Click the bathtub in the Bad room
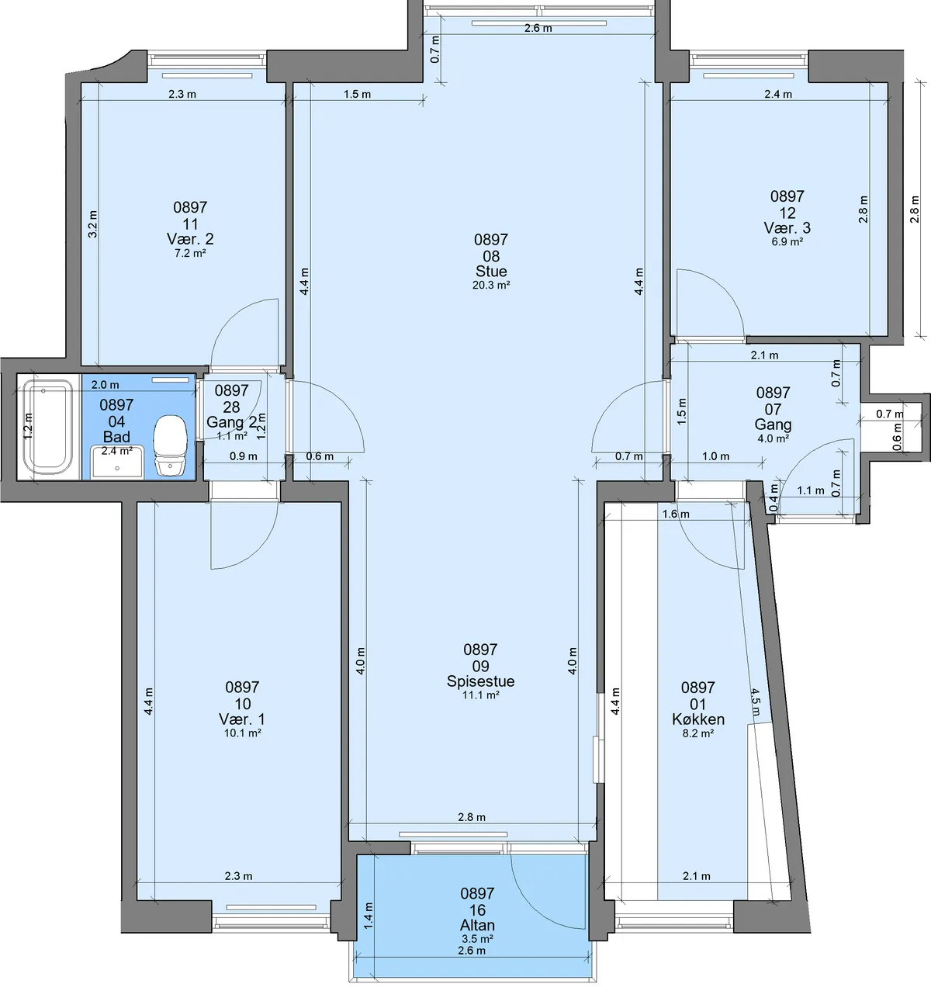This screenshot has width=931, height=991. coord(48,427)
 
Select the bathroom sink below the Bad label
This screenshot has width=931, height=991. coord(117,463)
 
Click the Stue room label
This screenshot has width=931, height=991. coord(491,272)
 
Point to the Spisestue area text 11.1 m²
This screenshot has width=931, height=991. coord(481,695)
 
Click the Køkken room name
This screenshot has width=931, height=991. coord(698,719)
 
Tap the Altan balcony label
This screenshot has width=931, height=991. coord(477,924)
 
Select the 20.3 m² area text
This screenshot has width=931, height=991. coord(491,285)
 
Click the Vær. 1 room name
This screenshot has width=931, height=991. coord(242,719)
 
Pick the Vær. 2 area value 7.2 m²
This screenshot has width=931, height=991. coord(190,253)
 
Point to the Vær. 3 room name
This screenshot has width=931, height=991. coord(787,228)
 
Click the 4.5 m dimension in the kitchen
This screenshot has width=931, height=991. coord(756,702)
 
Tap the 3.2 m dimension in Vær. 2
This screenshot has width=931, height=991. coord(93,223)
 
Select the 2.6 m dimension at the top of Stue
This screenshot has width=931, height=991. coord(538,29)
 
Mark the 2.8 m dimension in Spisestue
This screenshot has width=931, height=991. coord(472,817)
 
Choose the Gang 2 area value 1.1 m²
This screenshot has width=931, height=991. coord(233,436)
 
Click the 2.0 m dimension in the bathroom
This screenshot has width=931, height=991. coord(106,385)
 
